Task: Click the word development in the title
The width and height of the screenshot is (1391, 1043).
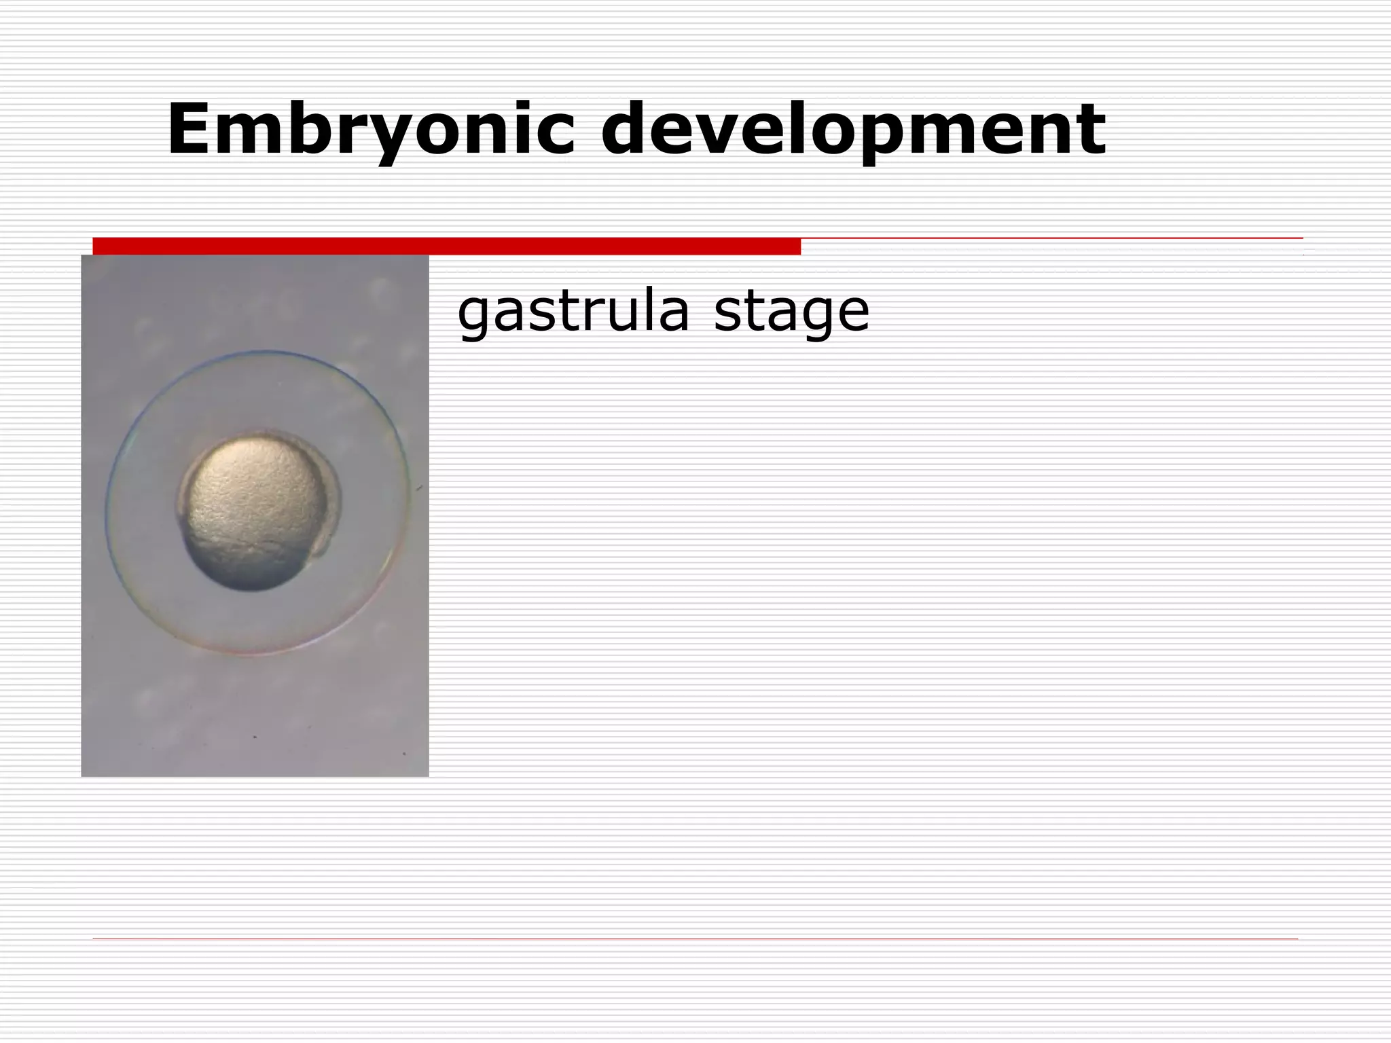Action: click(x=852, y=129)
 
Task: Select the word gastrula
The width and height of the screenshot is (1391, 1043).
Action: click(x=574, y=312)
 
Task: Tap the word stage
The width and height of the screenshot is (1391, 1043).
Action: click(x=791, y=312)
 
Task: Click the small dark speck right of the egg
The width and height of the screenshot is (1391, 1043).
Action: click(x=420, y=488)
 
